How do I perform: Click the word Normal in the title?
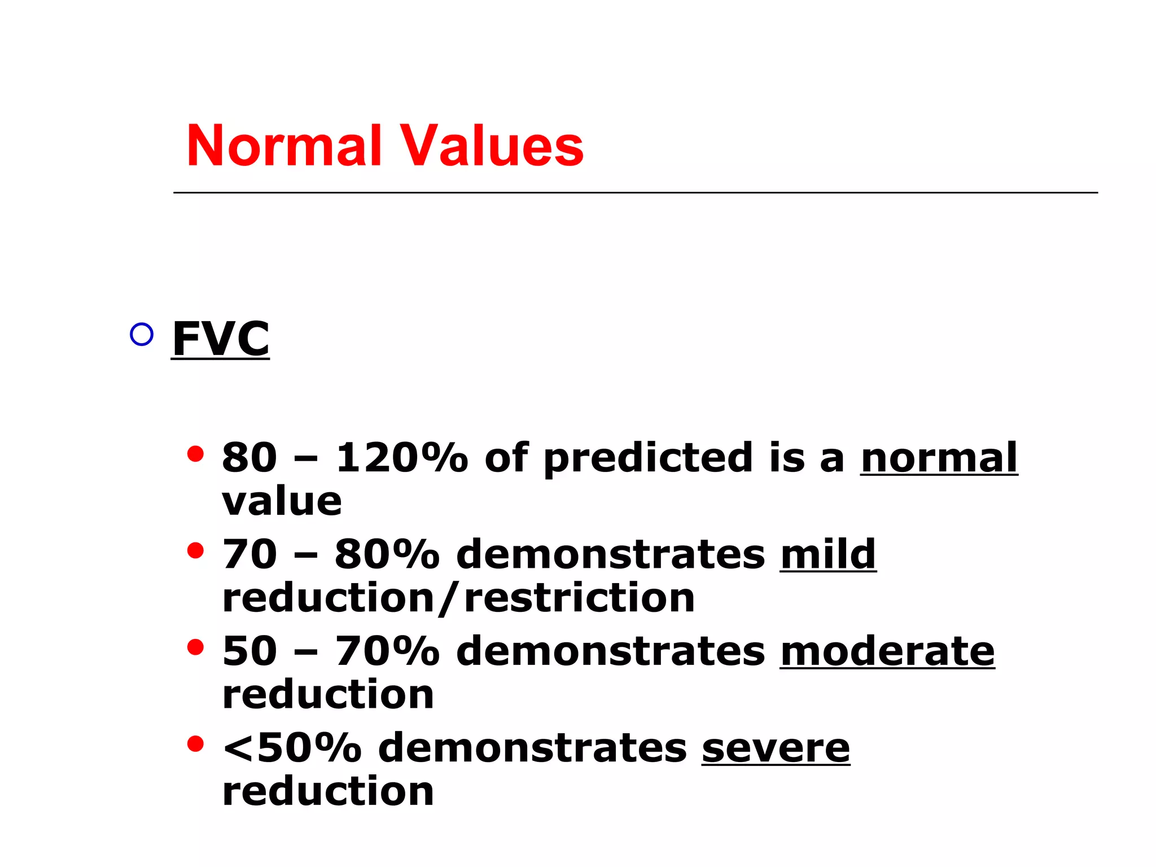pos(284,146)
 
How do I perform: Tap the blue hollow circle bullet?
pos(141,335)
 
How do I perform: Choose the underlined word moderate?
pos(887,651)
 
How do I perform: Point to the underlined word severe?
pos(776,748)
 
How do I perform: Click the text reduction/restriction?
pos(458,598)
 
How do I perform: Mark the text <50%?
pos(292,748)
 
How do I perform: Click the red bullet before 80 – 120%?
pos(195,454)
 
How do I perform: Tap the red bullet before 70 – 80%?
pos(195,550)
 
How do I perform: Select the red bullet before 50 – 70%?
pos(195,647)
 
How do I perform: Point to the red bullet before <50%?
pos(195,744)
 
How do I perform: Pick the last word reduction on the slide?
pos(328,791)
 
